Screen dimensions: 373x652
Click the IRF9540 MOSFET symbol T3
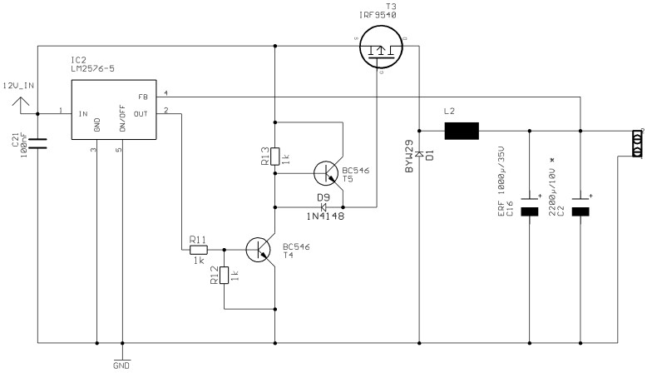click(379, 52)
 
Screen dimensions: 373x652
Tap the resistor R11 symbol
click(198, 248)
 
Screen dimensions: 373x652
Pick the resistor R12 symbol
click(224, 276)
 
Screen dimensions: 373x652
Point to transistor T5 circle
click(326, 173)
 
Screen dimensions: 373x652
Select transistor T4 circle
click(259, 248)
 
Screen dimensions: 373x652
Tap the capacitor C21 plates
click(39, 145)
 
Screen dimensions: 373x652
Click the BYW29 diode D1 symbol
click(419, 153)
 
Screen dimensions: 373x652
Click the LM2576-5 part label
click(92, 69)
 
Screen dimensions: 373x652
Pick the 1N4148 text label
click(326, 216)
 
